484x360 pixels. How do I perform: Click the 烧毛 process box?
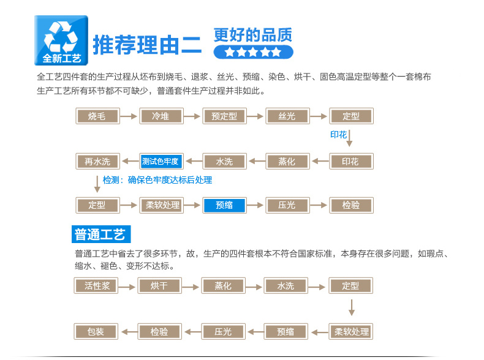coord(97,116)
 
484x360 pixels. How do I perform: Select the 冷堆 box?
coord(162,116)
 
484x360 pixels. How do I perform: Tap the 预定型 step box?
coord(224,116)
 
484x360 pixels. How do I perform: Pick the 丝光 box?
coord(287,116)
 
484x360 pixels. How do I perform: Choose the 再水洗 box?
coord(97,162)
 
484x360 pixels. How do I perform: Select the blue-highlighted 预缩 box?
coord(224,205)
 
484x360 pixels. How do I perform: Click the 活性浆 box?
coord(96,286)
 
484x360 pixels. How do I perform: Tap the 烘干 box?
coord(159,286)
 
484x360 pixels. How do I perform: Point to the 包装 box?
coord(96,332)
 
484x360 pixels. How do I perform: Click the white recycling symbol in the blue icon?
coord(61,37)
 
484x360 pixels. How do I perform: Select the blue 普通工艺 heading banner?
coord(101,234)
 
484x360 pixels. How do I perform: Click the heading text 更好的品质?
coord(253,35)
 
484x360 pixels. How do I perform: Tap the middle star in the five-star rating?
coord(253,52)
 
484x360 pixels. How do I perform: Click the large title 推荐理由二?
coord(147,45)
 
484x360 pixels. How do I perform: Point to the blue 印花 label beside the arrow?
coord(339,135)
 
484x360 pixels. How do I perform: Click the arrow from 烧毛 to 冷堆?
coord(129,116)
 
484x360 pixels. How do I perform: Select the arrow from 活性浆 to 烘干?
coord(127,287)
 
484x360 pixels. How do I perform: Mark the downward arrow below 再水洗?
coord(97,184)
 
